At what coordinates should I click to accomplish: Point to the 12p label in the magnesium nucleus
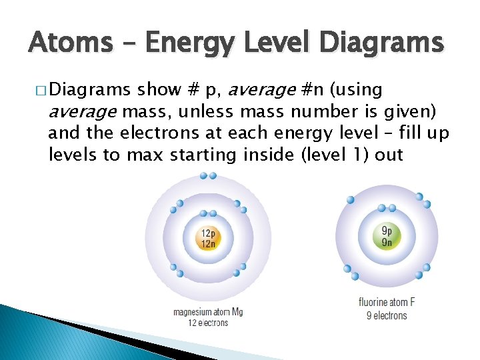(208, 233)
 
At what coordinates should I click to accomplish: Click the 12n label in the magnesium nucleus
(208, 243)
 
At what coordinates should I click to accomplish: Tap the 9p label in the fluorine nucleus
(387, 230)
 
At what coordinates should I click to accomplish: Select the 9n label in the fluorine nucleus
(387, 241)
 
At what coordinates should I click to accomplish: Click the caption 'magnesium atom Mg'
(207, 312)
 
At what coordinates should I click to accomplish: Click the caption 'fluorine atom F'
(387, 303)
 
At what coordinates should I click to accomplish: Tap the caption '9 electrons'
(387, 315)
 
